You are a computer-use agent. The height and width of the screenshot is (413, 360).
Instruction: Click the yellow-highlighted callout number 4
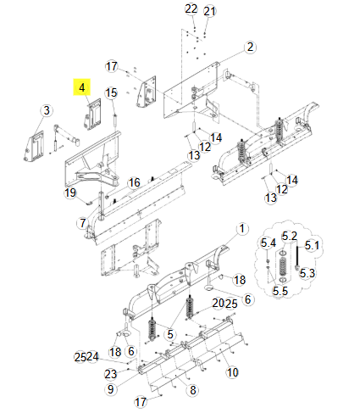[x=82, y=87]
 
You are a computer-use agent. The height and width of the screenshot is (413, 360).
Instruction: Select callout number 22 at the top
[x=191, y=8]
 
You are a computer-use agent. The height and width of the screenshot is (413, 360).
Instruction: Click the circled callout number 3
[x=46, y=110]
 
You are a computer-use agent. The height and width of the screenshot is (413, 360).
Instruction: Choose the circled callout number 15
[x=110, y=92]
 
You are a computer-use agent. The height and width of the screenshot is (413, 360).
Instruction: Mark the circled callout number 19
[x=71, y=193]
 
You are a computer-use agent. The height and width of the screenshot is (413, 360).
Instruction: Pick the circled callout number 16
[x=134, y=182]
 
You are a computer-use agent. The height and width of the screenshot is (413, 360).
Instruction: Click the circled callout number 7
[x=82, y=223]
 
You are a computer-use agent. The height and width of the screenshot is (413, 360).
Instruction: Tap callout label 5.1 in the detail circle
[x=311, y=246]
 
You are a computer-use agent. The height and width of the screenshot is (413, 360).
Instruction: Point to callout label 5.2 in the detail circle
[x=289, y=236]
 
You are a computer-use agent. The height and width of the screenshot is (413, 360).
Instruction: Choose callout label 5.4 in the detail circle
[x=269, y=244]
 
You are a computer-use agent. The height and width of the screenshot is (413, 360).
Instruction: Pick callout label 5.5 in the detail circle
[x=280, y=291]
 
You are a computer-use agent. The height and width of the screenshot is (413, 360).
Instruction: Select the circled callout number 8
[x=192, y=389]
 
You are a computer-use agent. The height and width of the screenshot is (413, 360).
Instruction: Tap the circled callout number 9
[x=109, y=388]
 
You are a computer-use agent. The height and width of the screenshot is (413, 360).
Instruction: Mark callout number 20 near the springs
[x=218, y=303]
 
